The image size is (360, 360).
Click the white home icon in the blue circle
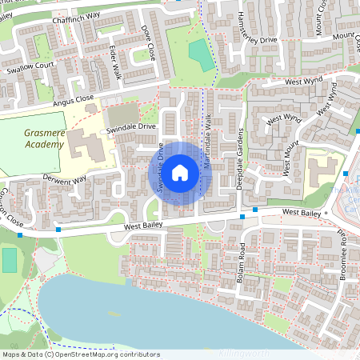pos(180,171)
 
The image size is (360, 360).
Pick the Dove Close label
pos(147,45)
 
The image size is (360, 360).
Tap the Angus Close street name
pos(74,100)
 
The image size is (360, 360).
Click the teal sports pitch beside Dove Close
pos(197,54)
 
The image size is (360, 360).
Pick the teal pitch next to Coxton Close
pos(9,260)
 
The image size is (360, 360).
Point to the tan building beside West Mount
pos(323,171)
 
